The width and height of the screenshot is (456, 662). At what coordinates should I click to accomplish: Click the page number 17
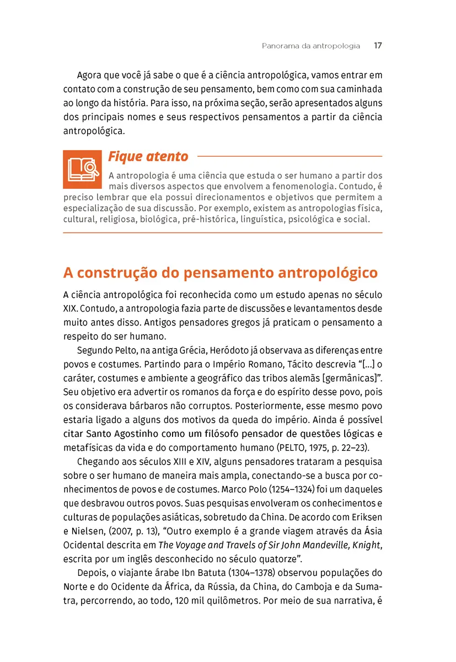378,46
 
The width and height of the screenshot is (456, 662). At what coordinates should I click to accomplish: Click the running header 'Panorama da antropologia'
311,46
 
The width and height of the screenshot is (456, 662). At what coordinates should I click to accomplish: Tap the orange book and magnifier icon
82,169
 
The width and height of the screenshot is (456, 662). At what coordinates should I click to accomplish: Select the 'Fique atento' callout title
148,157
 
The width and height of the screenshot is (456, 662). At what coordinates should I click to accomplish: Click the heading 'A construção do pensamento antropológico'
221,273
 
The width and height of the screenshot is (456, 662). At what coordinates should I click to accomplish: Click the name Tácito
296,365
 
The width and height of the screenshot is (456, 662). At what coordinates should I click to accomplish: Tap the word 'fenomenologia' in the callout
303,186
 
